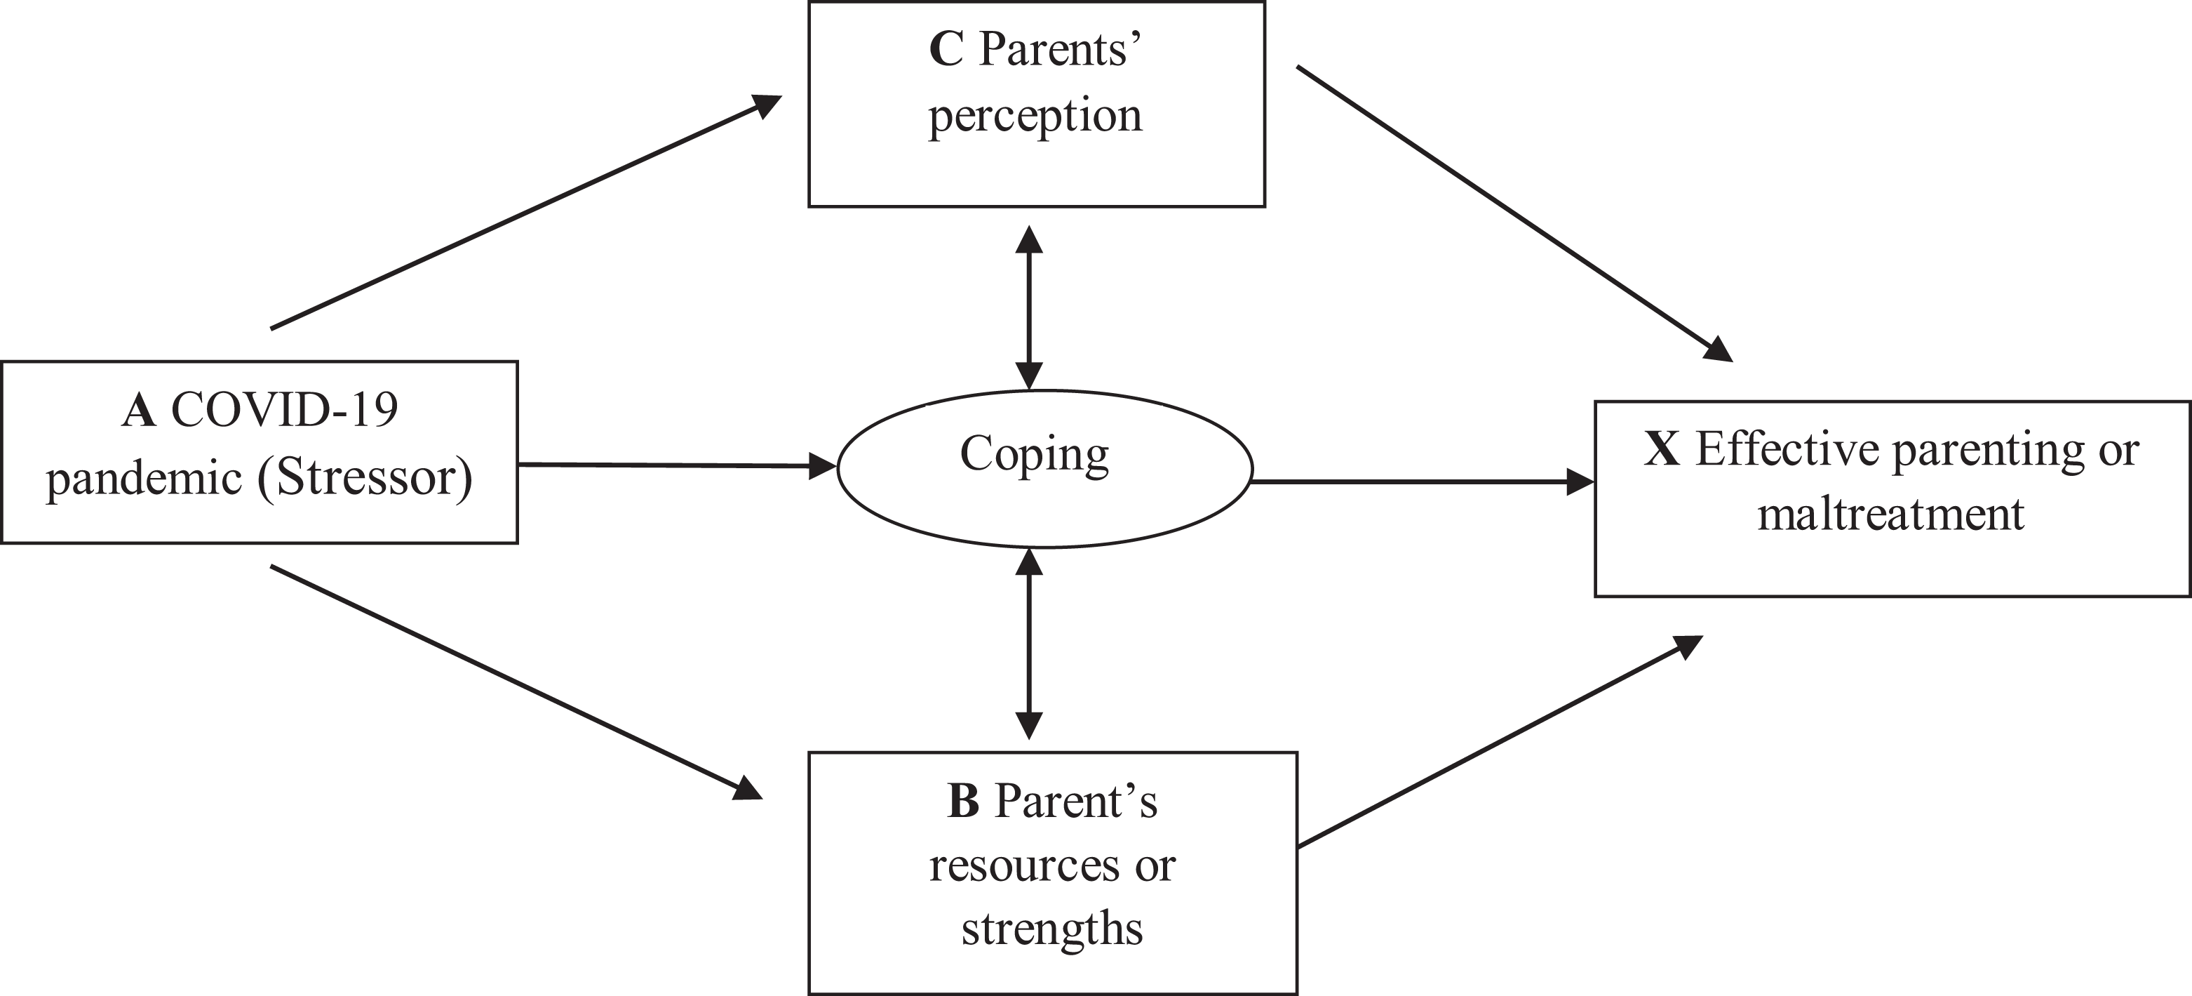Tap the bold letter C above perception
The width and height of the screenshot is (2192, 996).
pyautogui.click(x=946, y=48)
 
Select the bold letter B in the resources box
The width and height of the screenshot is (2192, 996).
pyautogui.click(x=963, y=801)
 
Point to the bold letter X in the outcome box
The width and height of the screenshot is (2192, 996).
pyautogui.click(x=1662, y=449)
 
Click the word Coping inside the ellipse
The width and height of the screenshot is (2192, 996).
pyautogui.click(x=1035, y=456)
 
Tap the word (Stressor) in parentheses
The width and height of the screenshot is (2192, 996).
pyautogui.click(x=365, y=477)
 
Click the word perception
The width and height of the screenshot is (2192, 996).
pyautogui.click(x=1035, y=117)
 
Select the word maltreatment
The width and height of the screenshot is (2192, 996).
pyautogui.click(x=1891, y=514)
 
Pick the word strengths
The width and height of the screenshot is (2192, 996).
pyautogui.click(x=1051, y=929)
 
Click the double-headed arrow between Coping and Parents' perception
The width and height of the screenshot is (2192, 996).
pyautogui.click(x=1029, y=307)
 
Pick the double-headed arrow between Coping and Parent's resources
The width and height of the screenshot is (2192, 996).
pyautogui.click(x=1029, y=644)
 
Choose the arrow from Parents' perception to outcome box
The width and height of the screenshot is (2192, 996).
pyautogui.click(x=1514, y=213)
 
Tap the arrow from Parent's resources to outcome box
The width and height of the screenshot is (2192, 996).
pyautogui.click(x=1500, y=741)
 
